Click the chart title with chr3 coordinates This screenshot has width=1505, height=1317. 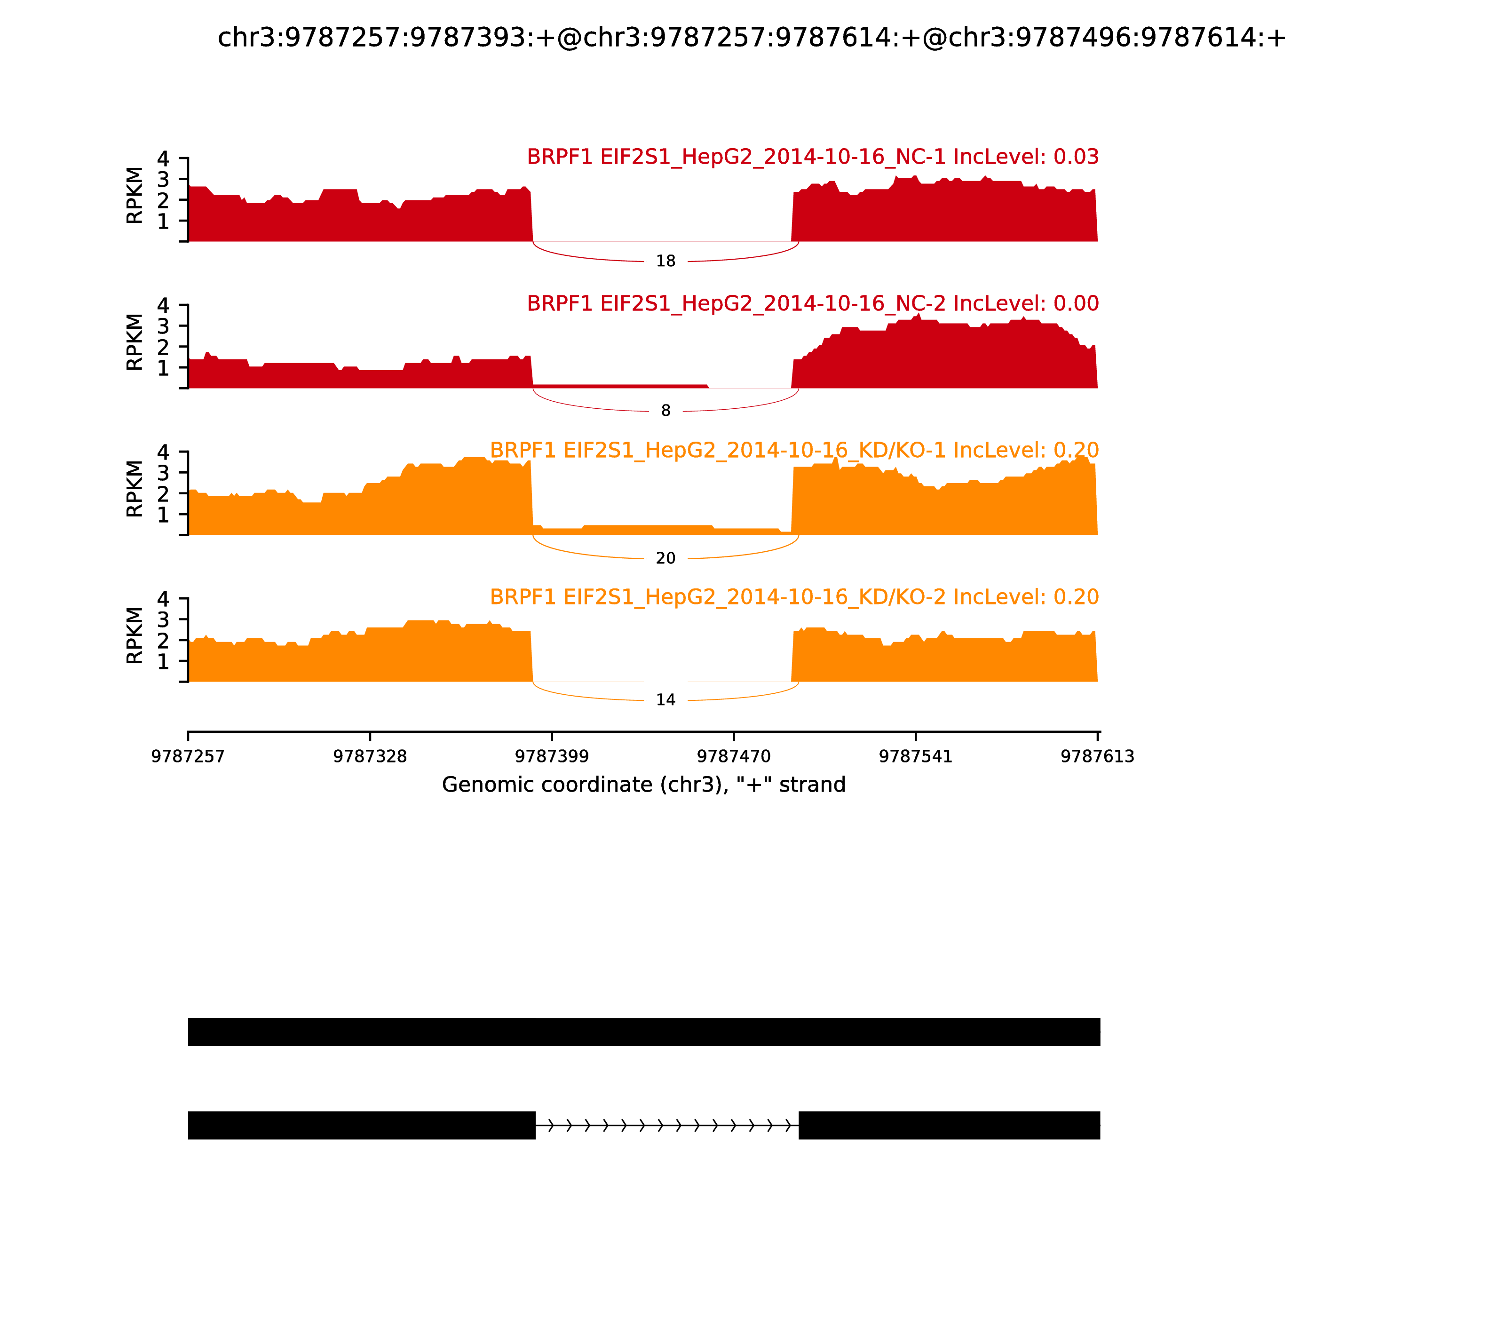point(752,38)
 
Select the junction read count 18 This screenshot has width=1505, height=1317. point(665,262)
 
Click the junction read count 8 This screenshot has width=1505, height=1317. point(665,411)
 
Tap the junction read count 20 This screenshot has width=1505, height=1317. point(665,559)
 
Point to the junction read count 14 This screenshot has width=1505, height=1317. point(665,700)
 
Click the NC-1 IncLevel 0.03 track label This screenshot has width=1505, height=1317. point(812,157)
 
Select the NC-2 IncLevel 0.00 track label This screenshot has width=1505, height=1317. point(812,303)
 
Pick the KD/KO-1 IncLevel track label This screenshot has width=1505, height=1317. point(794,451)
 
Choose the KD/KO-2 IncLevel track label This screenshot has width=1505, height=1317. point(794,597)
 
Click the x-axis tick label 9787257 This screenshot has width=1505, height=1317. point(188,757)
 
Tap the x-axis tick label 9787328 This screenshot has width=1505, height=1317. point(370,757)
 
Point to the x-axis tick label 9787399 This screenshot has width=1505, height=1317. point(552,757)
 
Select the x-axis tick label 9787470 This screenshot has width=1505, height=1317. point(733,757)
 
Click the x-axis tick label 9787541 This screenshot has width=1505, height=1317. point(916,757)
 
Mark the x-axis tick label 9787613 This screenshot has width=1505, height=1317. point(1097,757)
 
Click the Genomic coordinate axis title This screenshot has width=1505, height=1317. point(644,785)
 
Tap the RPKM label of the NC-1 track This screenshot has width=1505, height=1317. point(135,196)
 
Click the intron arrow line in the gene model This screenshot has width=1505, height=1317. point(666,1125)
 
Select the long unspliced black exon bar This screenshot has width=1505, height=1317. point(644,1032)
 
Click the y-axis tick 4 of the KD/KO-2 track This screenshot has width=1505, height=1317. point(163,599)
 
